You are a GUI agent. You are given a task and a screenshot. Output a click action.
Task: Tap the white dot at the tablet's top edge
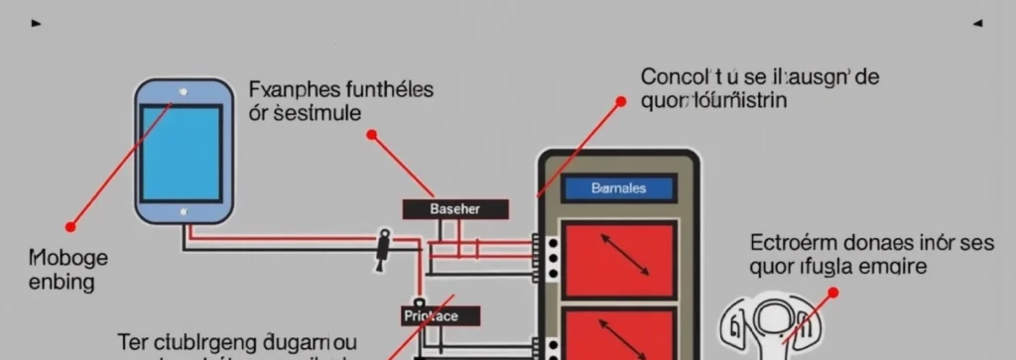(x=183, y=92)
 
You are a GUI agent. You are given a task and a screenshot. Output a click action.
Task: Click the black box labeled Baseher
(x=455, y=209)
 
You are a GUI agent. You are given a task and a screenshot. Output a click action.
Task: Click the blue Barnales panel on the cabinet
(x=617, y=187)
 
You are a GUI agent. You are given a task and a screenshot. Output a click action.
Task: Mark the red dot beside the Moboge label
(x=70, y=227)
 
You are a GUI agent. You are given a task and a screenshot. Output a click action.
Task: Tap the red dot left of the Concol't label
(x=621, y=101)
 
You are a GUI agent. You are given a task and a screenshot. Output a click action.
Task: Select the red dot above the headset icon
(x=832, y=293)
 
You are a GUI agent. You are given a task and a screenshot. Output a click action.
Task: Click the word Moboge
(x=68, y=258)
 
